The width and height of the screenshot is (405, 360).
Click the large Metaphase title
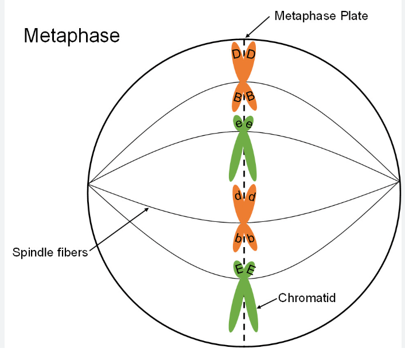pyautogui.click(x=72, y=36)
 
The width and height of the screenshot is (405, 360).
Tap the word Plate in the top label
pyautogui.click(x=351, y=15)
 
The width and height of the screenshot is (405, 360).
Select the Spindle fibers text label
pyautogui.click(x=49, y=252)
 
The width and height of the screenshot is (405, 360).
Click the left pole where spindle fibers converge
pyautogui.click(x=88, y=183)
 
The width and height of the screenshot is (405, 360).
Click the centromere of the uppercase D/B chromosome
pyautogui.click(x=244, y=83)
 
